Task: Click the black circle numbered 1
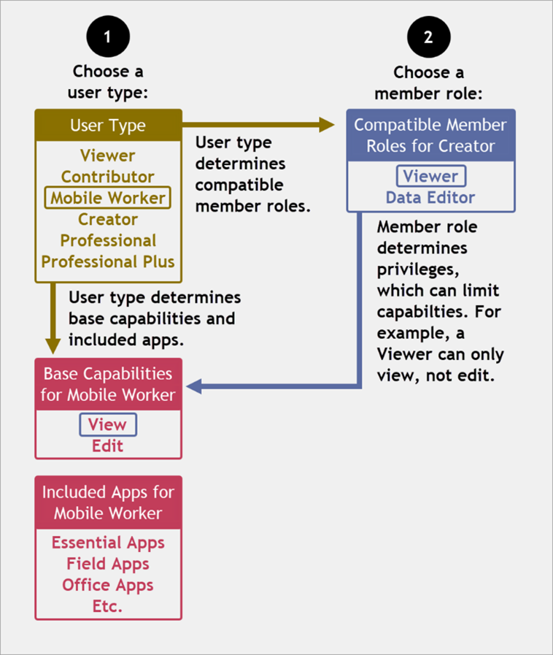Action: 108,37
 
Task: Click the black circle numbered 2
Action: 429,37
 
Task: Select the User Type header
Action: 108,126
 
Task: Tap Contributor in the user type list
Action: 108,177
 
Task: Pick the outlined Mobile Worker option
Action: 108,198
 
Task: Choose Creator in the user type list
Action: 108,219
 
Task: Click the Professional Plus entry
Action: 108,261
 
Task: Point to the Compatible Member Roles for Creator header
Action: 430,135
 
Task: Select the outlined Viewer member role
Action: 430,176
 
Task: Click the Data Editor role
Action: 430,197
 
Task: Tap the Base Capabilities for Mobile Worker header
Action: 108,384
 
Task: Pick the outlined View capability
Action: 108,424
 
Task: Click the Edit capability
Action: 108,445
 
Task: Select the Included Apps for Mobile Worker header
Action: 108,502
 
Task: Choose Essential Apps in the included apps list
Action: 108,543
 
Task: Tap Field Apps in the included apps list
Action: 108,564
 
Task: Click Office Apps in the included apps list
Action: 108,585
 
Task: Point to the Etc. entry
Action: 108,606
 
